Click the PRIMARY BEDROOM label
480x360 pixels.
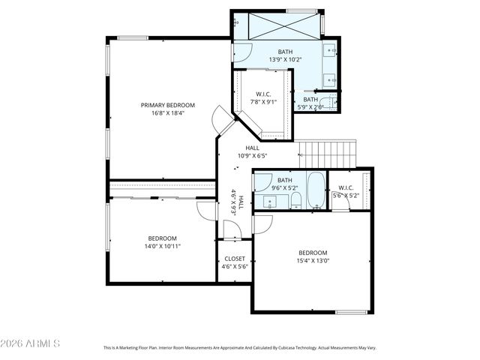(x=168, y=105)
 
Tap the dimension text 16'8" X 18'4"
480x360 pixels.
(x=168, y=113)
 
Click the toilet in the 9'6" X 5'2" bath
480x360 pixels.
(x=295, y=199)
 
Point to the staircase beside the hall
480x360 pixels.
(x=328, y=154)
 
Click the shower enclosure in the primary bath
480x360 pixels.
(x=276, y=24)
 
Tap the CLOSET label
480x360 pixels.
(x=233, y=258)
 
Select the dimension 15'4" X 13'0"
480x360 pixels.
(x=313, y=261)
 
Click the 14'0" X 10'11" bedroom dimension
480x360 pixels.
(x=163, y=245)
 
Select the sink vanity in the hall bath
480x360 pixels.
(x=269, y=201)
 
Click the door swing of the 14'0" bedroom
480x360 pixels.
(x=205, y=211)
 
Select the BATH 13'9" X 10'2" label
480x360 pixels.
(x=285, y=55)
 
